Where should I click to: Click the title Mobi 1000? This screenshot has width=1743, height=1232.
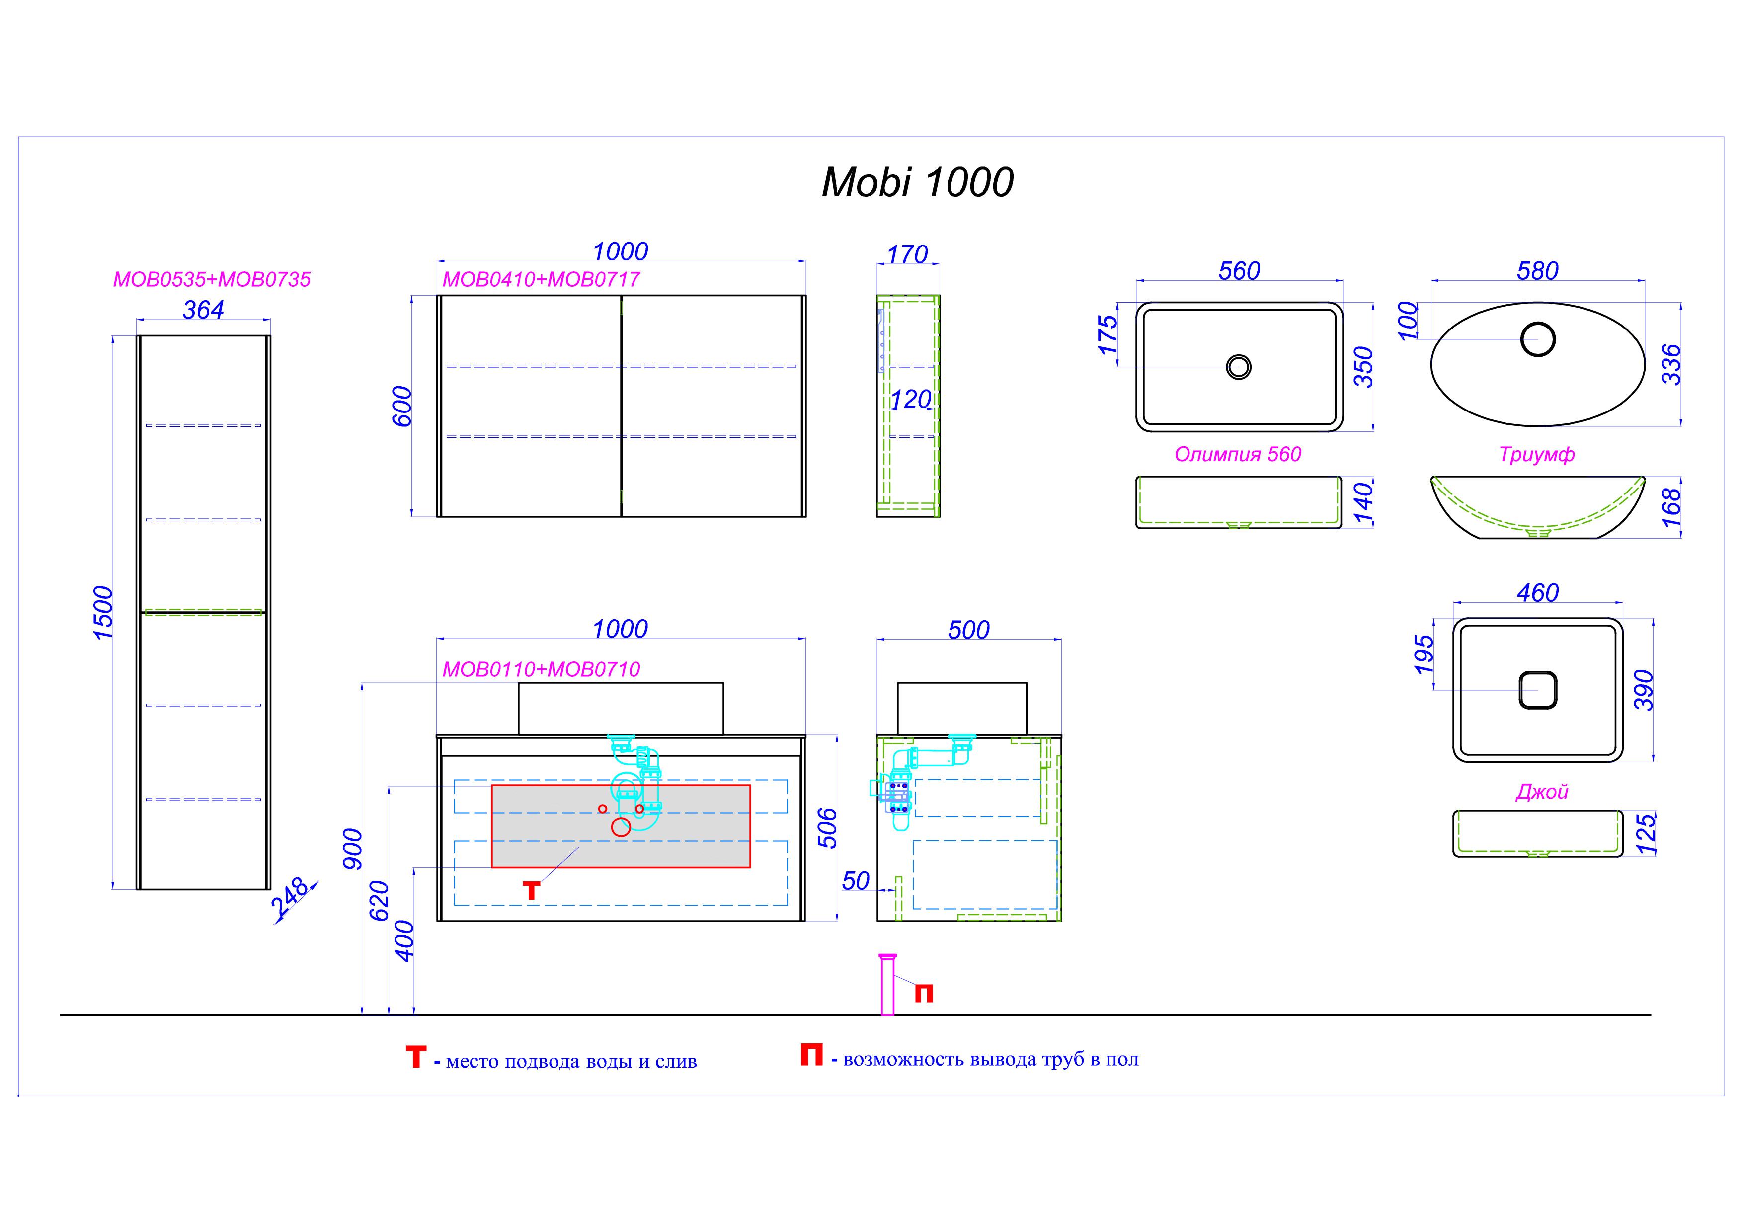[x=917, y=183]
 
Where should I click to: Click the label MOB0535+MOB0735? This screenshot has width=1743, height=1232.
[x=212, y=279]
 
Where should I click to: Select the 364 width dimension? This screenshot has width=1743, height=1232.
[x=203, y=310]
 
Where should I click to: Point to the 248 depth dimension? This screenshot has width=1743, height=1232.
[x=290, y=897]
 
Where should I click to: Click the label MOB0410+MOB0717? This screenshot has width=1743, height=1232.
[x=541, y=279]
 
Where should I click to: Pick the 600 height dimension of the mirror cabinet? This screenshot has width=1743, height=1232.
[x=401, y=406]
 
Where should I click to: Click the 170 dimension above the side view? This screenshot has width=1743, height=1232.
[x=907, y=254]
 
